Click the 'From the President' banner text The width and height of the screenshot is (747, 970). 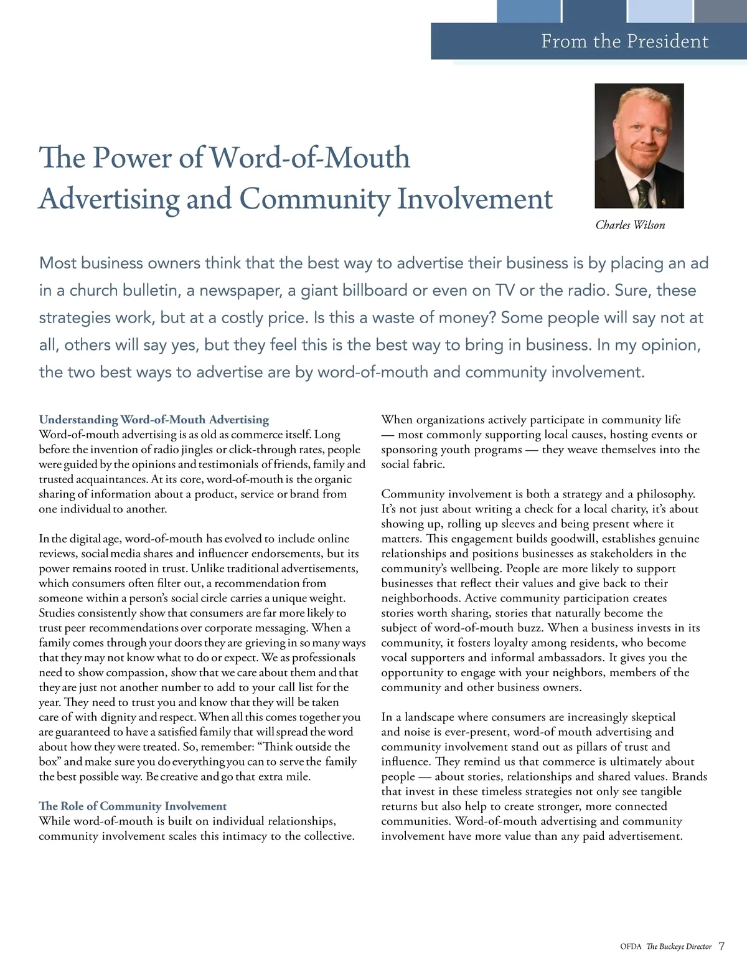pos(624,41)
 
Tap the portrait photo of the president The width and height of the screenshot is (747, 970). pos(639,146)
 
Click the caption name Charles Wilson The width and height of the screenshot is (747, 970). pos(630,225)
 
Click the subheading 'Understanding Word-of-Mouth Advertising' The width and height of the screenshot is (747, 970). pos(154,420)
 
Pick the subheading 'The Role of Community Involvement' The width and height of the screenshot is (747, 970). pos(133,806)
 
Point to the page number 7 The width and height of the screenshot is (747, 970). pos(721,946)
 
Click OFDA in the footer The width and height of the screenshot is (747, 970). pos(631,947)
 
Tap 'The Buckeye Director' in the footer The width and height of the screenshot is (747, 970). pos(679,947)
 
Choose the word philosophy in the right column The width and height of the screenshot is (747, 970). pos(665,494)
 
